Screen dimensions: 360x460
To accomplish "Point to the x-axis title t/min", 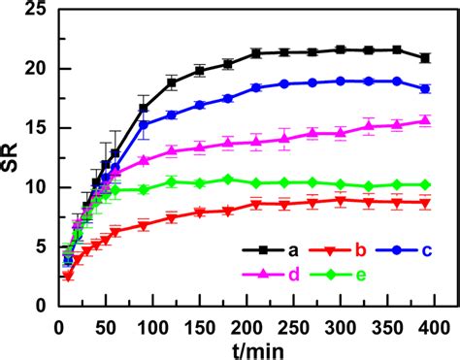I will (247, 346).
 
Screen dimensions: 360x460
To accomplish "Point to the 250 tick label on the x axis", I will (292, 321).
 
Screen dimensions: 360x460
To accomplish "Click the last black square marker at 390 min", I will (424, 58).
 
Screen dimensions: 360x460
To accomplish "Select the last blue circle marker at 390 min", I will (424, 88).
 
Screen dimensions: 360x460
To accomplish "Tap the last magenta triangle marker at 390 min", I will (424, 120).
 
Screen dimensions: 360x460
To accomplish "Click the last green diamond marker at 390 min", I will (424, 184).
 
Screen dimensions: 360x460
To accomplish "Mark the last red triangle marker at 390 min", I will (424, 202).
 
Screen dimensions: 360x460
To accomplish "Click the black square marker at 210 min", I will (255, 53).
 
